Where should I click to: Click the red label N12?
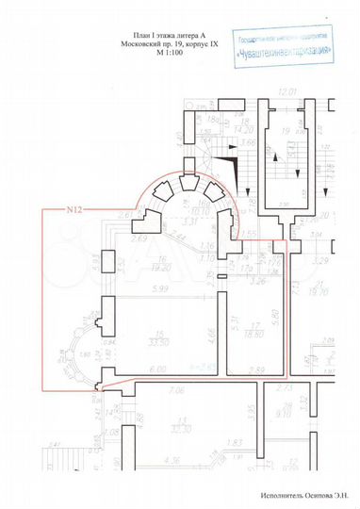coord(74,210)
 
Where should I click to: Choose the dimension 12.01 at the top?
coord(287,91)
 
